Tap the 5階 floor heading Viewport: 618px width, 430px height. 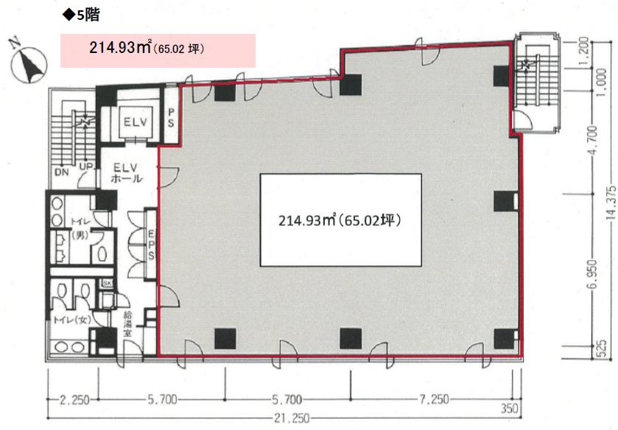[82, 15]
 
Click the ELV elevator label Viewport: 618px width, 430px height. [136, 121]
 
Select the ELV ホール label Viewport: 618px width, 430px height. [127, 173]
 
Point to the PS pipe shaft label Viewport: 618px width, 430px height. [171, 118]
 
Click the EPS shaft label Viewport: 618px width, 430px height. [151, 245]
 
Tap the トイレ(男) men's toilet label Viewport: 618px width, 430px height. [80, 228]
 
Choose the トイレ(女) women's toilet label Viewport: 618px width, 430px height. [71, 320]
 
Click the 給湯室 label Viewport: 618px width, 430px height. [127, 323]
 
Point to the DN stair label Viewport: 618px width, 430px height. [61, 172]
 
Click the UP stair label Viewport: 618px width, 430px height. [86, 166]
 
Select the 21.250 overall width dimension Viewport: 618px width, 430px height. [292, 418]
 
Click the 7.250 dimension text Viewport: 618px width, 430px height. [434, 400]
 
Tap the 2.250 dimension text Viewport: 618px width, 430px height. [74, 400]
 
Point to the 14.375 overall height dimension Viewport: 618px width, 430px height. [611, 202]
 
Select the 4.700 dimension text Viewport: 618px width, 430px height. [594, 141]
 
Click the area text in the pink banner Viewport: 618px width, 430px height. [147, 48]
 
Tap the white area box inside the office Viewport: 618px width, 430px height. [340, 220]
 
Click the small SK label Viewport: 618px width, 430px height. [107, 283]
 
